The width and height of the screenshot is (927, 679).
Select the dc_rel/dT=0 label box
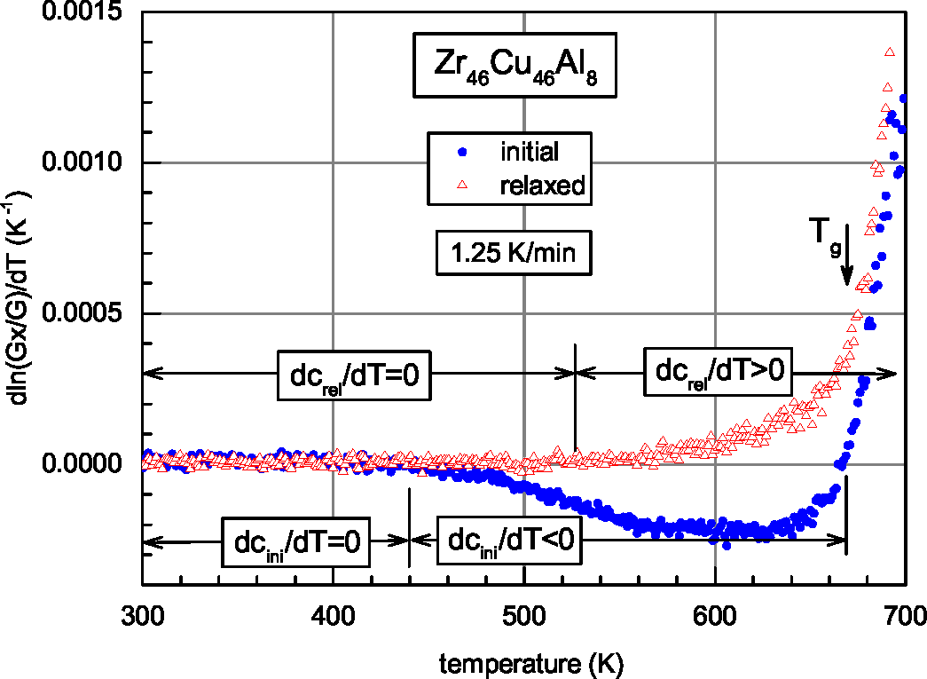354,374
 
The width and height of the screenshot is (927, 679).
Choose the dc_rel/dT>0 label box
719,371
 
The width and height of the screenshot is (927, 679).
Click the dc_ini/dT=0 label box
295,541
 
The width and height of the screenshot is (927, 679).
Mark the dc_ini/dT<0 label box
509,541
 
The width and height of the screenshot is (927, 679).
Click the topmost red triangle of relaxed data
890,52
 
